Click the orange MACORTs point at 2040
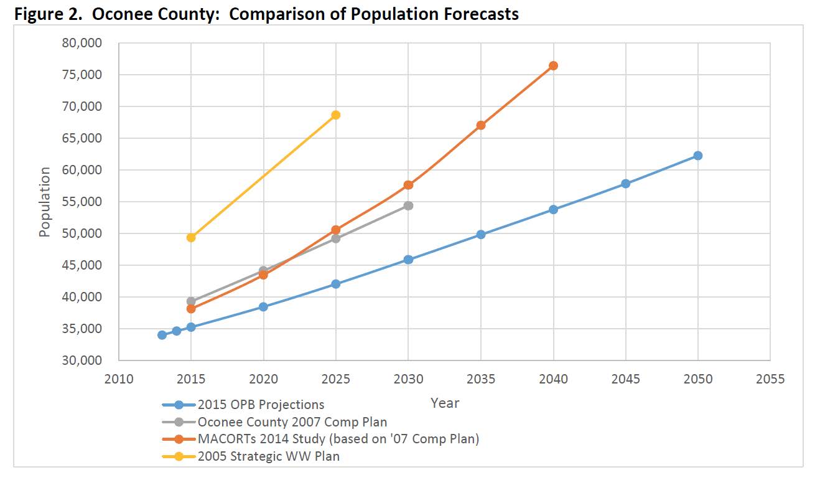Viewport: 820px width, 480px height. (x=553, y=66)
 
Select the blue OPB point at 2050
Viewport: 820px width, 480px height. (x=697, y=156)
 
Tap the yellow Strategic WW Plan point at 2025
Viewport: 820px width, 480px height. (x=336, y=115)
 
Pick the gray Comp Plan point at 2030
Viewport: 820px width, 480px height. (x=408, y=206)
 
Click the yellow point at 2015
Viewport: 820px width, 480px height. (x=191, y=237)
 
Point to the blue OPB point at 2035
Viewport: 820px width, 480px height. (x=481, y=235)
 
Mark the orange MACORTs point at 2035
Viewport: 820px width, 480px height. (x=481, y=125)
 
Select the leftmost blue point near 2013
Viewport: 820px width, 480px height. (x=162, y=335)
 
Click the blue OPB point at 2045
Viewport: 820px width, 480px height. (x=626, y=184)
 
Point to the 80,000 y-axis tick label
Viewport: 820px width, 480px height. (x=82, y=43)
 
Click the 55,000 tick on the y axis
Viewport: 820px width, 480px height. (x=82, y=202)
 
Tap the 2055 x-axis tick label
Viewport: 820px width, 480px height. (x=770, y=379)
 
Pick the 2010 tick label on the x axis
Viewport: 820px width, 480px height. (x=119, y=379)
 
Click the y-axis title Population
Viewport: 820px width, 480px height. (x=45, y=202)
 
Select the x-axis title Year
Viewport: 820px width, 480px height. (x=445, y=403)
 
